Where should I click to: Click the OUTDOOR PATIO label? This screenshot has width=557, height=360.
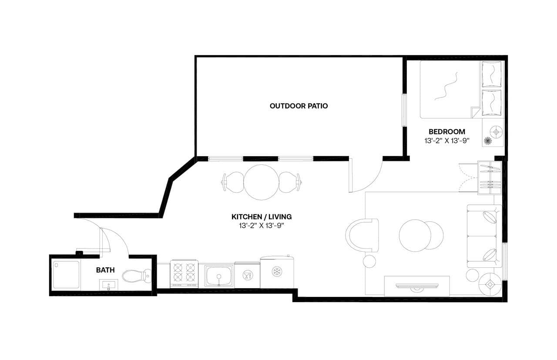click(299, 106)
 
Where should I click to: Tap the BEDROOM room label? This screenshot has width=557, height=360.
click(446, 131)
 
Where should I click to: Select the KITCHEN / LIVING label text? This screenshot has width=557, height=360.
click(261, 217)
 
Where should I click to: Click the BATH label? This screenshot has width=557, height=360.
click(105, 270)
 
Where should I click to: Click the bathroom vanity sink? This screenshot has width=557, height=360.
click(107, 285)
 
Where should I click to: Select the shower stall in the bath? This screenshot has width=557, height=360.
click(66, 275)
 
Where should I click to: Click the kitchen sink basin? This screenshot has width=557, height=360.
click(218, 275)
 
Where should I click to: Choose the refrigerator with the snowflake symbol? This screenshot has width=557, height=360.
click(277, 272)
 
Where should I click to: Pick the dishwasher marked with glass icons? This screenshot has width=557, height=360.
click(247, 275)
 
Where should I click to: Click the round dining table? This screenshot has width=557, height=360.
click(261, 182)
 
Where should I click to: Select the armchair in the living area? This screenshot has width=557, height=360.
click(362, 235)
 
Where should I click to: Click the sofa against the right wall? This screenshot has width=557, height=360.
click(484, 236)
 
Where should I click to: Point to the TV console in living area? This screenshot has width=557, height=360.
click(417, 286)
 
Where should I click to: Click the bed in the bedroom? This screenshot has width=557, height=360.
click(453, 90)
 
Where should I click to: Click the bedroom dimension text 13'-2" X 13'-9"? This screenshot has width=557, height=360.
click(446, 140)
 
